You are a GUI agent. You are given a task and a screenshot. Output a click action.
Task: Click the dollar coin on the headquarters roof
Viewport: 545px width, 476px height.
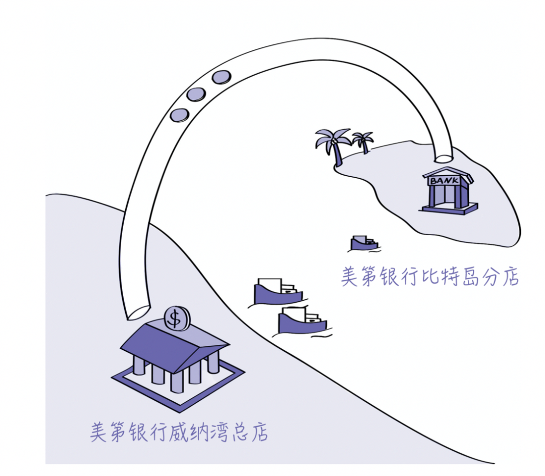point(177,318)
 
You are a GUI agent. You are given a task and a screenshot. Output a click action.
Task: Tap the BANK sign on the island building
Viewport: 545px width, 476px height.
point(445,180)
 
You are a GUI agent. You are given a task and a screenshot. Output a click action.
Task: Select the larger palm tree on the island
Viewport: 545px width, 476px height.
point(333,146)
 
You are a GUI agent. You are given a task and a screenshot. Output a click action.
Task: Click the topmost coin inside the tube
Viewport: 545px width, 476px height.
point(222,77)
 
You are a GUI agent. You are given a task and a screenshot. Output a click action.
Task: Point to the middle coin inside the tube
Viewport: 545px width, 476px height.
point(196,94)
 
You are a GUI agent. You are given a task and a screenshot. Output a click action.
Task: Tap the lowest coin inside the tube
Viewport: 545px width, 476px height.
point(180,115)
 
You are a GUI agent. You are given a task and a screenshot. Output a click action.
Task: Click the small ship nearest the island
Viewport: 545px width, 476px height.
point(364,243)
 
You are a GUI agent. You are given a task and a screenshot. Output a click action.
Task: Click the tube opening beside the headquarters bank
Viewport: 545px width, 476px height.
point(138,312)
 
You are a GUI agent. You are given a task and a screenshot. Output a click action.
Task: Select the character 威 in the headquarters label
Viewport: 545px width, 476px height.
point(178,432)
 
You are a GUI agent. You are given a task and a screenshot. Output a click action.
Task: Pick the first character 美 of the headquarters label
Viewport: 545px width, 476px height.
point(99,432)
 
